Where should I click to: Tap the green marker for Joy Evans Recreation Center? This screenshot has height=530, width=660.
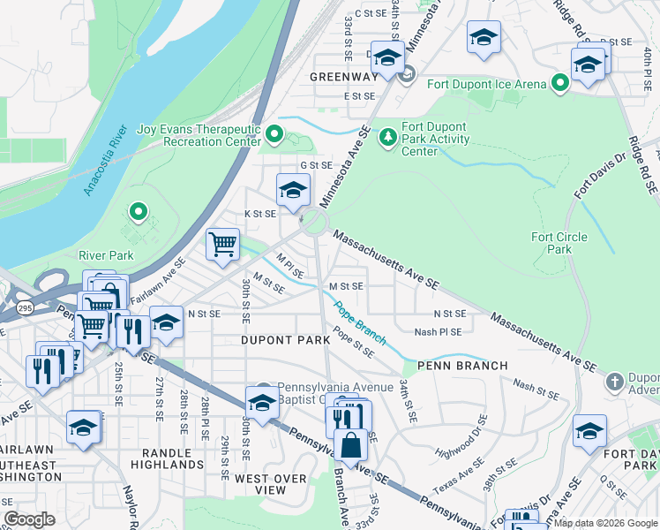(274, 135)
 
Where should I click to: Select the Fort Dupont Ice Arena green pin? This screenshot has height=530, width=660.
(559, 84)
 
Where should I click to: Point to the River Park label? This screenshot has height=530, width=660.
(105, 255)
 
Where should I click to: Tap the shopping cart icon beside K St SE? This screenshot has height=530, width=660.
(223, 243)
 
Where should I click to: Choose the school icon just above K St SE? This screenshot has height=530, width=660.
(294, 188)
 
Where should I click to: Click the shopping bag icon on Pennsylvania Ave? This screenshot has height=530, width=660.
(351, 445)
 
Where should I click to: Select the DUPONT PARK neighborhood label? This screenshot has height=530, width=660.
(280, 339)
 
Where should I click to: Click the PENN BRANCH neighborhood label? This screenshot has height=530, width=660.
(462, 365)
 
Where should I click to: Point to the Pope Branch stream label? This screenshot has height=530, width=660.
(359, 323)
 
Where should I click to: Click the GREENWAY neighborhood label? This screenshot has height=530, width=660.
(343, 77)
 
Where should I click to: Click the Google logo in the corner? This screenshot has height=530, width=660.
(29, 519)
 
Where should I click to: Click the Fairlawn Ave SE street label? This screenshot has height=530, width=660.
(156, 281)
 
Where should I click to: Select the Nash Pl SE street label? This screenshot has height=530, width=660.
(439, 332)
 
